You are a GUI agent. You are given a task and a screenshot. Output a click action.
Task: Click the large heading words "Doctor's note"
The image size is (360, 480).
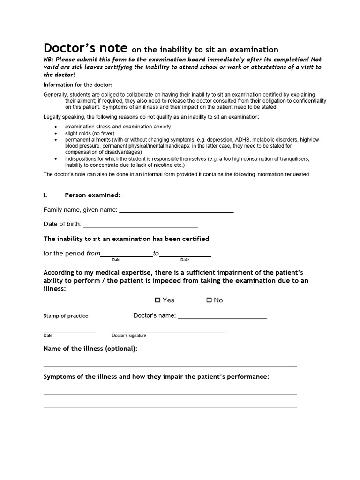pos(85,48)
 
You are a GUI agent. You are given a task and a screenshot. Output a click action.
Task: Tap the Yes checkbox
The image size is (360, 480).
pos(158,300)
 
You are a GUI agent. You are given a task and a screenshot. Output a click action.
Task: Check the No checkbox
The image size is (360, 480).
pos(209,300)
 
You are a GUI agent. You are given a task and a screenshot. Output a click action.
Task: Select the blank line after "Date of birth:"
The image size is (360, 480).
pos(140,226)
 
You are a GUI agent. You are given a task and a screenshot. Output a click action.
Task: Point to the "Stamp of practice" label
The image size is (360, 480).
pos(66,316)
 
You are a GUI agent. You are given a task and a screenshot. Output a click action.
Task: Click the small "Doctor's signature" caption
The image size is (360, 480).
pos(129,336)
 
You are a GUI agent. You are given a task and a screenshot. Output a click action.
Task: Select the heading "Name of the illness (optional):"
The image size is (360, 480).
pos(90,348)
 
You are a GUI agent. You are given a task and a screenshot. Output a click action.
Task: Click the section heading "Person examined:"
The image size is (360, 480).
pos(92,195)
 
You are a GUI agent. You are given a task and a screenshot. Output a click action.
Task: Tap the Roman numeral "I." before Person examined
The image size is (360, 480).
pos(45,195)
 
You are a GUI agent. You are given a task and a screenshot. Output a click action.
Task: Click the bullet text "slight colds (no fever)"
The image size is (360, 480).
pos(90,133)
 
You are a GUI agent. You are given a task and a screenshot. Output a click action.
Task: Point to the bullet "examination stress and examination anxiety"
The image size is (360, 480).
pos(118,127)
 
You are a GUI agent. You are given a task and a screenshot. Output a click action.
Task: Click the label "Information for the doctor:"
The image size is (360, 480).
pos(78,85)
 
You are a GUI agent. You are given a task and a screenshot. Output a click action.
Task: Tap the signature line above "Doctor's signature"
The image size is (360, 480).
pos(169,332)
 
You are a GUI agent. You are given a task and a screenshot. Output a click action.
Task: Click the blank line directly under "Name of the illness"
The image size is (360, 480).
pos(170,365)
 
